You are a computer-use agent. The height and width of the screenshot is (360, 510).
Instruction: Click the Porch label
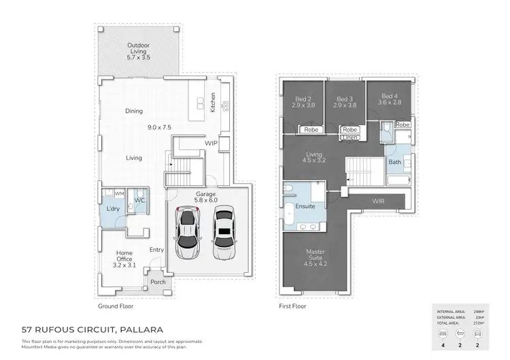point(158,282)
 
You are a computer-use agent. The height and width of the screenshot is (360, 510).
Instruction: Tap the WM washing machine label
point(120,193)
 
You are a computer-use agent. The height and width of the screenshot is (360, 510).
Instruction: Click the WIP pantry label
point(211,144)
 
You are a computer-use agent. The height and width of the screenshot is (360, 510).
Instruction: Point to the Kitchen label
point(213,103)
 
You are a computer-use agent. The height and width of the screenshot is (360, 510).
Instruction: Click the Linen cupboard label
point(350,137)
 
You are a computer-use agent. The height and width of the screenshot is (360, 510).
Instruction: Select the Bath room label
point(395,163)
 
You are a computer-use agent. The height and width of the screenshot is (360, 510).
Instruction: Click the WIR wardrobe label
point(379,201)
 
